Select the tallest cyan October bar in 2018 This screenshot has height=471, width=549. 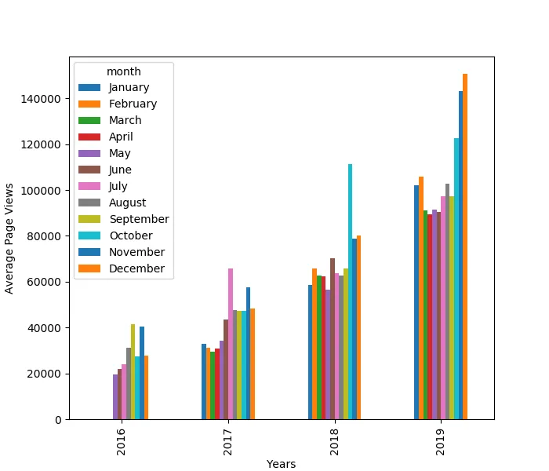point(350,291)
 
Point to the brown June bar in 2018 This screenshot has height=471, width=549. point(333,338)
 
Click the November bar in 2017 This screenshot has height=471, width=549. point(249,353)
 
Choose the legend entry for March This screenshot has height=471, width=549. point(125,120)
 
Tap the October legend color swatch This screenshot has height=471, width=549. point(90,235)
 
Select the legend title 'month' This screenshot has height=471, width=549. point(124,71)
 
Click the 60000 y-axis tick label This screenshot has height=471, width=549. point(48,282)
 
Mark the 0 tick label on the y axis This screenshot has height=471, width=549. point(60,419)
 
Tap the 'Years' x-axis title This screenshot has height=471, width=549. point(281,464)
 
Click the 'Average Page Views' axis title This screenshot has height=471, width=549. point(9,238)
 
